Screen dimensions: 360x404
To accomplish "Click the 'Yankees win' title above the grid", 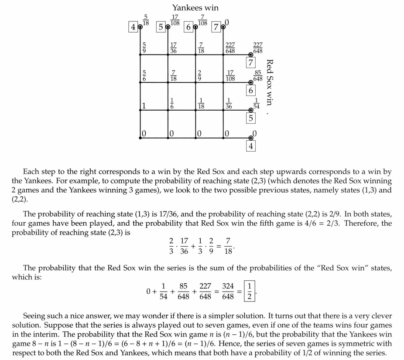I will [x=195, y=8].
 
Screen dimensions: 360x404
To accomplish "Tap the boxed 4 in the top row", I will [x=133, y=27].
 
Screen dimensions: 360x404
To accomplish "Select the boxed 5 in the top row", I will [x=161, y=27].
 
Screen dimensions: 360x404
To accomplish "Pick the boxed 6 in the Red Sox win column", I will [x=250, y=91].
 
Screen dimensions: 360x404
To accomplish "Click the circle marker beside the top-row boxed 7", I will [x=223, y=27].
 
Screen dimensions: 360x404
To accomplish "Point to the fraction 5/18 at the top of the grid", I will [x=146, y=20].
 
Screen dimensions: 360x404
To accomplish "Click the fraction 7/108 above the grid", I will [x=202, y=20].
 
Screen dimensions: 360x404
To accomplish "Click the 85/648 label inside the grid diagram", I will [x=258, y=75].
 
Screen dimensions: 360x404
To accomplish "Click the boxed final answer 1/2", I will [x=249, y=291].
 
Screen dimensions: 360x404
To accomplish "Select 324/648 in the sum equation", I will [x=228, y=291].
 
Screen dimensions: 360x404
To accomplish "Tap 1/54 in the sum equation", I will [x=163, y=291].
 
